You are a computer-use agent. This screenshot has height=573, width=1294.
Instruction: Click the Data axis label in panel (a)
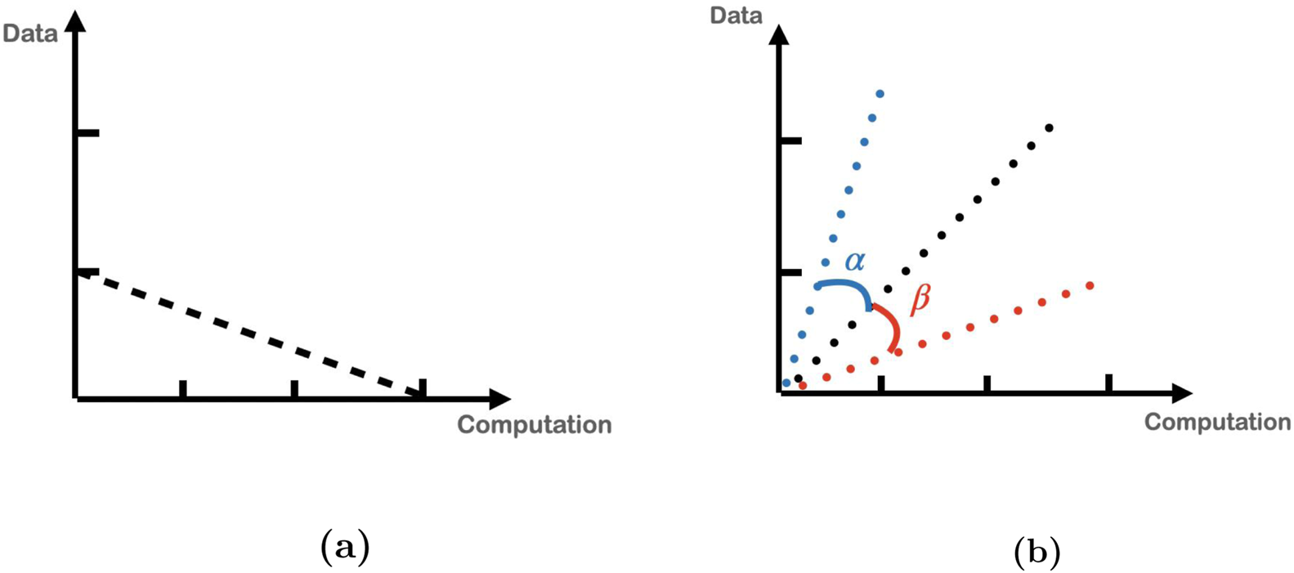click(x=30, y=34)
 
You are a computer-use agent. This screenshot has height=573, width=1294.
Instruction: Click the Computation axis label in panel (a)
click(x=534, y=424)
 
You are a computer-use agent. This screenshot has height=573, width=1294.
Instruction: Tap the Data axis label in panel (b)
click(x=736, y=16)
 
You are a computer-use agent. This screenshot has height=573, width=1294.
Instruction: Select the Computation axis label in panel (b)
click(x=1217, y=422)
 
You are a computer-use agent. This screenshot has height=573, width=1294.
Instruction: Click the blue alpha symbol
click(x=855, y=262)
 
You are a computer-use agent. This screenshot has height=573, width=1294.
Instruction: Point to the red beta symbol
click(x=920, y=298)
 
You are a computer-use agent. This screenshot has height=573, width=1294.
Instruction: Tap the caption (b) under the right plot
click(x=1037, y=552)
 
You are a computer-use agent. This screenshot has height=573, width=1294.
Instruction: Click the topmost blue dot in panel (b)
click(x=880, y=94)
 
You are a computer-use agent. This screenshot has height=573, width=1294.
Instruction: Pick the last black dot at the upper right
click(x=1049, y=128)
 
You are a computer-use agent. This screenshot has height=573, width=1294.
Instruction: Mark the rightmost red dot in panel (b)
click(x=1090, y=286)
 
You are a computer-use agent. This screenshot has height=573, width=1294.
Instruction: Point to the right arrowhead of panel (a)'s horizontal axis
click(x=499, y=399)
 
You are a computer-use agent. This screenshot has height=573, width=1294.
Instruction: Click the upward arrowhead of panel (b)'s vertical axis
click(x=780, y=34)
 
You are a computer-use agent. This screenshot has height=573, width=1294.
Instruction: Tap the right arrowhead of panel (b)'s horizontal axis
click(x=1181, y=394)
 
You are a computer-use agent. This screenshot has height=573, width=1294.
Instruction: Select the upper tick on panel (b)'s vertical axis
click(x=791, y=141)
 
